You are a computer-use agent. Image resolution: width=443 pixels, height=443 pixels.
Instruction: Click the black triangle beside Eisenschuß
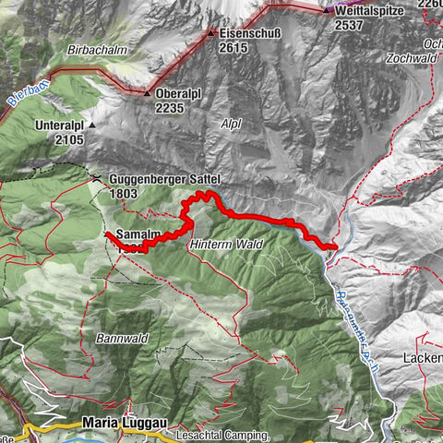click(211, 32)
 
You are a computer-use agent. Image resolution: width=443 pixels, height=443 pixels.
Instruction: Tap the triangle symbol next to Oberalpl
click(147, 93)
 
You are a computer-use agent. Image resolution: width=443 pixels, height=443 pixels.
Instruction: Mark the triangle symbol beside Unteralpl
click(92, 125)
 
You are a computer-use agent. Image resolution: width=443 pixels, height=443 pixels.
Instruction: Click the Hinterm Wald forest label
click(226, 245)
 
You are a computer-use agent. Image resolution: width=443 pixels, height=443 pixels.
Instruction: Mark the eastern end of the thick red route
click(335, 246)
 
